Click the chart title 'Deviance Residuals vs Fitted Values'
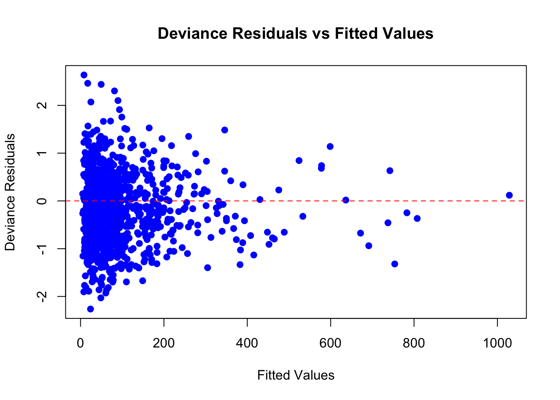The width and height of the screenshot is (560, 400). pyautogui.click(x=295, y=33)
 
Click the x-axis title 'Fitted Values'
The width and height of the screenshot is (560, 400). pyautogui.click(x=295, y=375)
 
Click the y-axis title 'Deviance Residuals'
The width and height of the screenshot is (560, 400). pyautogui.click(x=10, y=192)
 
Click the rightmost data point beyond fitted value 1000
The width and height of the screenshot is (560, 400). pyautogui.click(x=509, y=195)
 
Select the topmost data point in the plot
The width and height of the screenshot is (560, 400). pyautogui.click(x=84, y=75)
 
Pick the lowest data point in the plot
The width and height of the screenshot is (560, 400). pyautogui.click(x=90, y=309)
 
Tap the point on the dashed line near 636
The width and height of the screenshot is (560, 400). pyautogui.click(x=345, y=200)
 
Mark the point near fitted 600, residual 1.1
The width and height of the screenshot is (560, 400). pyautogui.click(x=330, y=146)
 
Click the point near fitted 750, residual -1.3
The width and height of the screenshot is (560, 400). pyautogui.click(x=395, y=264)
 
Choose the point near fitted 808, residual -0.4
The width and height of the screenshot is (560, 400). pyautogui.click(x=417, y=218)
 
